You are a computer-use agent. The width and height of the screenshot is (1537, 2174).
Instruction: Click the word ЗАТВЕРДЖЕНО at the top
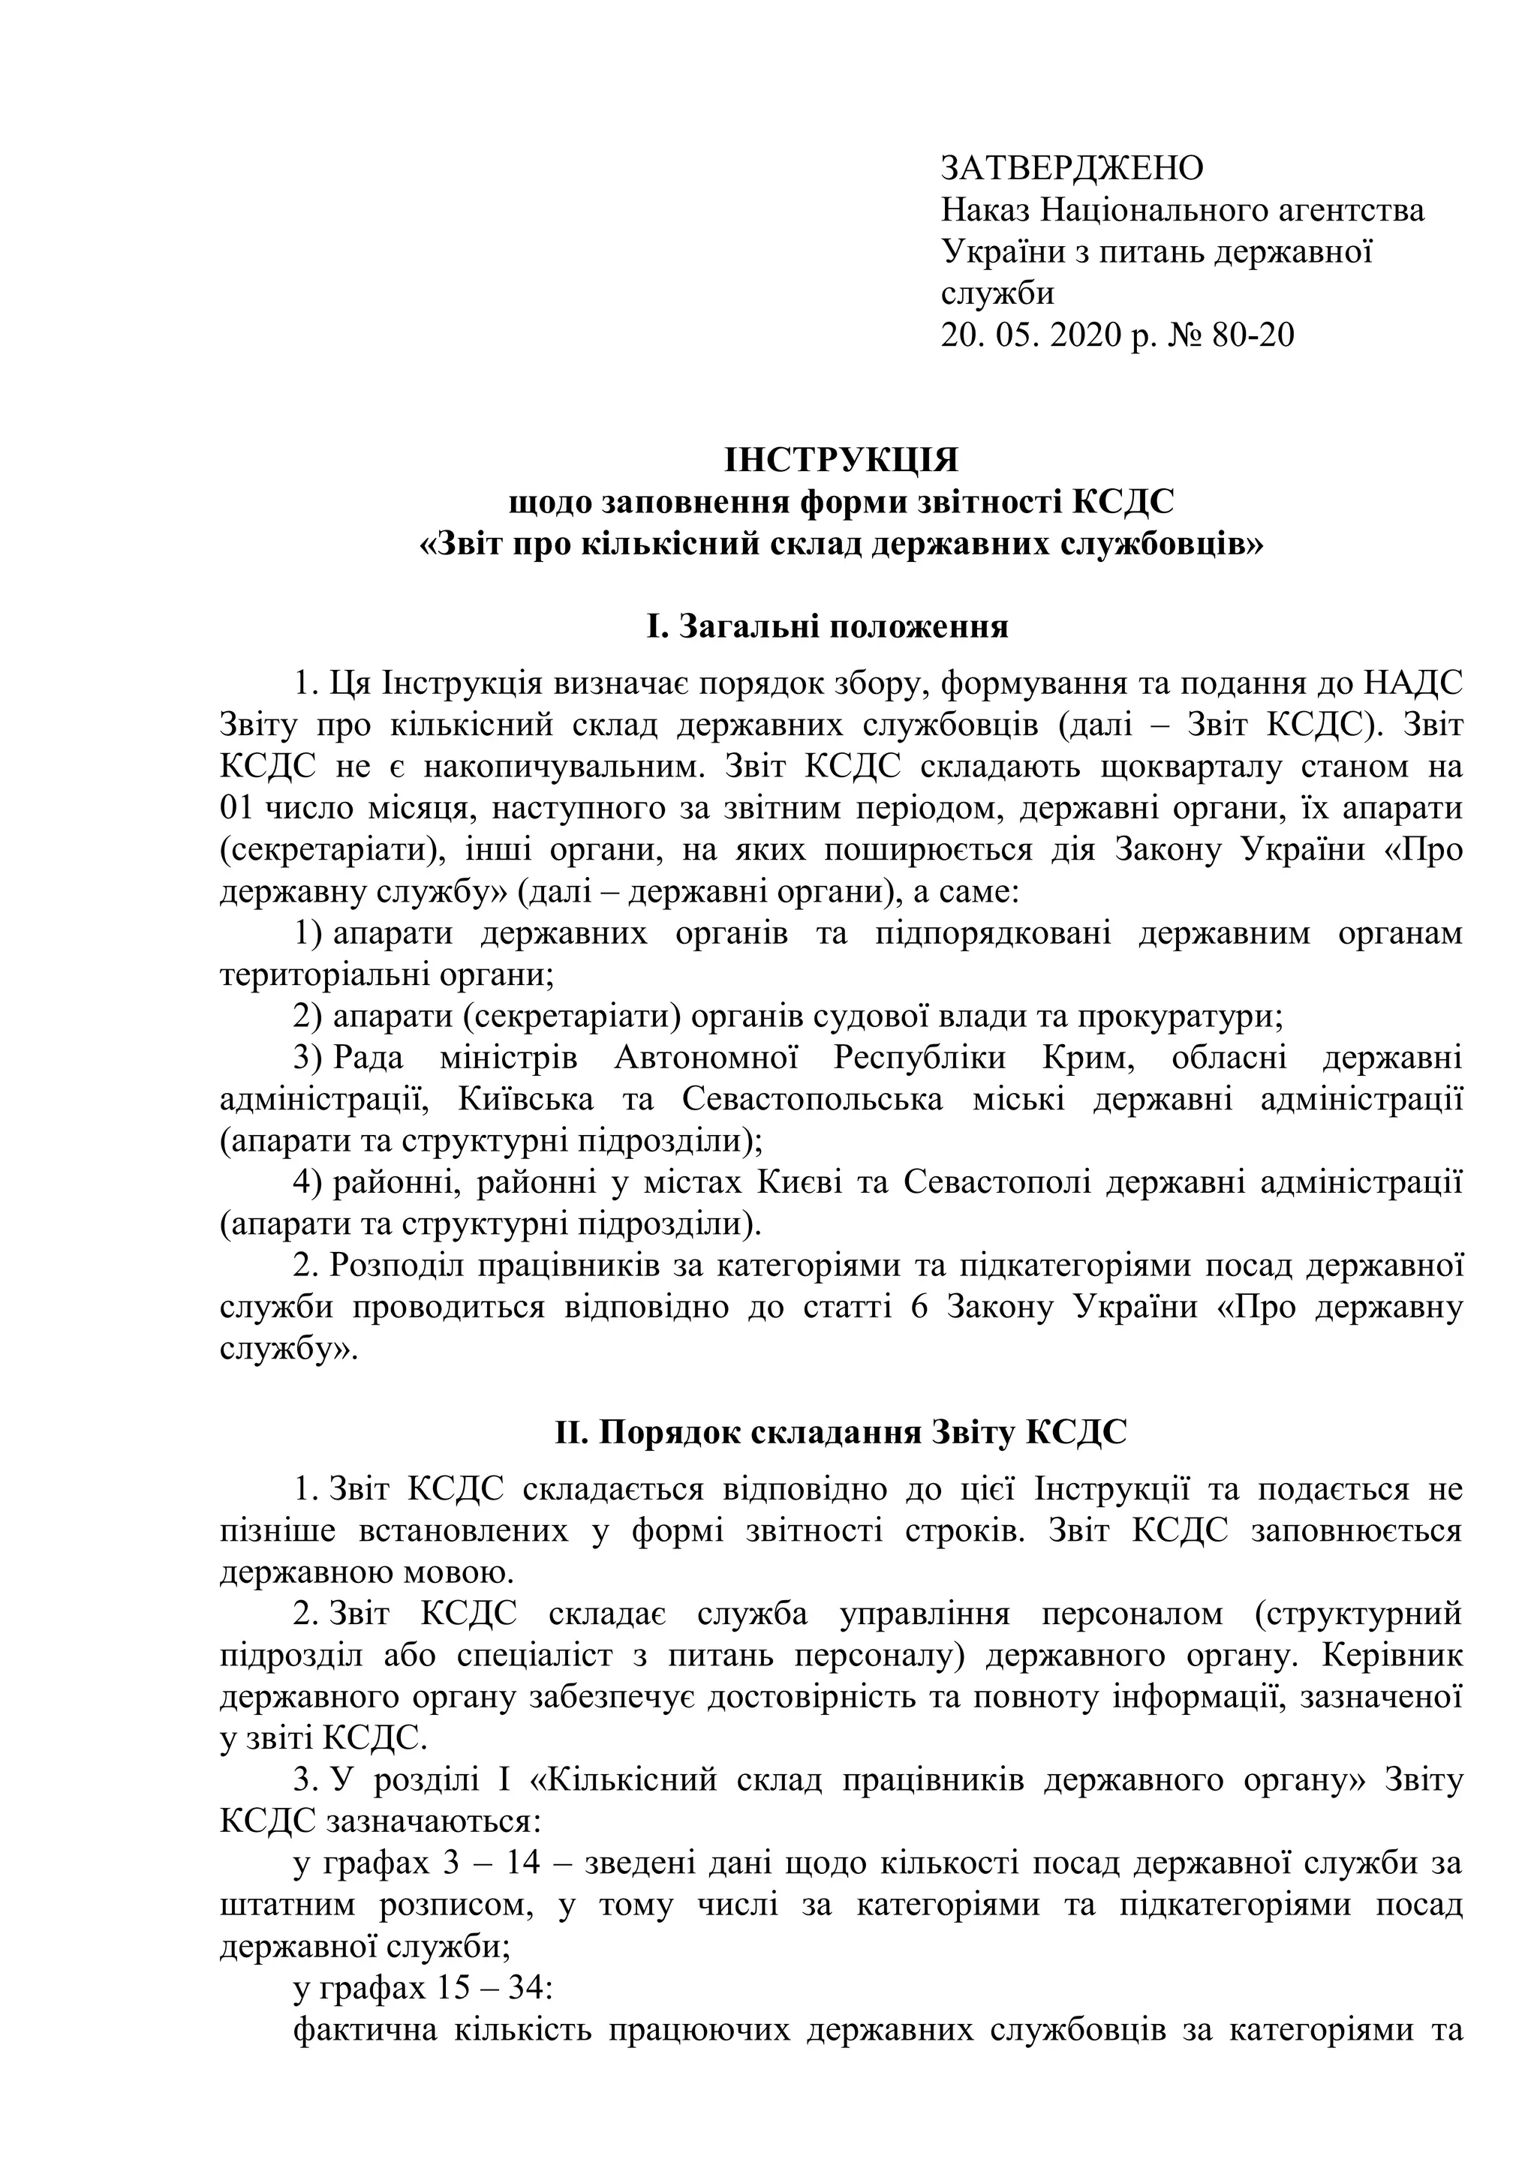(x=1071, y=169)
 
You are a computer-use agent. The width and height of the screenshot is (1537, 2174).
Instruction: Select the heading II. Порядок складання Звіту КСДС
(x=841, y=1433)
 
